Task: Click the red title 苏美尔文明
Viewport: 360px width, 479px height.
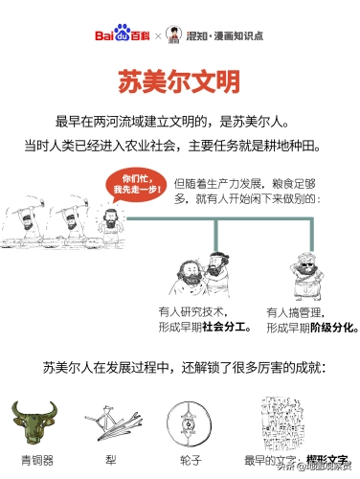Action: pos(179,80)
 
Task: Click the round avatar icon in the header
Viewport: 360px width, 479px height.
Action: pos(173,34)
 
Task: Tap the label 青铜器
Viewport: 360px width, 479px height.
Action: pos(32,457)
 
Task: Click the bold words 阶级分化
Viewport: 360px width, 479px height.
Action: pos(334,327)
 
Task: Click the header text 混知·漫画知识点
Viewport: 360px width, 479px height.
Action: pos(226,34)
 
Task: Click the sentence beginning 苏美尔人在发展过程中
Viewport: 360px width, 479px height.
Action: pos(182,367)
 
